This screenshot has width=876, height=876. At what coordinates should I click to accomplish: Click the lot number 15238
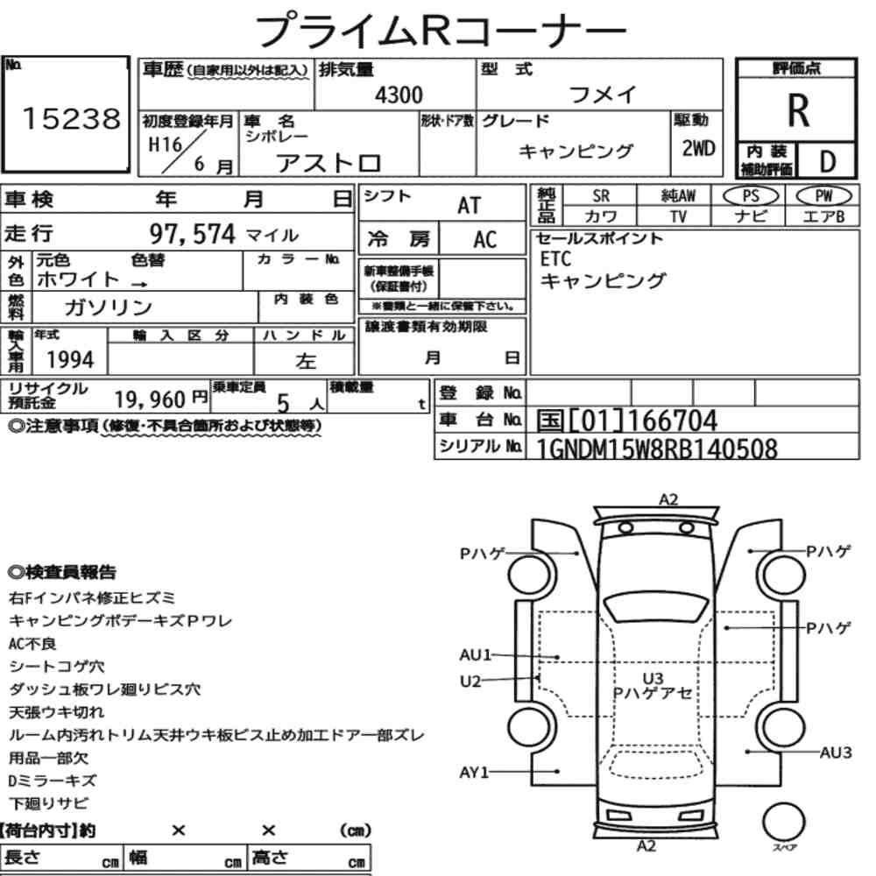coord(72,118)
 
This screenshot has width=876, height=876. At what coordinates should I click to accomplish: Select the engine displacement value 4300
coord(399,95)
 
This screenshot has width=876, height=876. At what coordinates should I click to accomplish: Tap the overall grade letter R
coord(798,110)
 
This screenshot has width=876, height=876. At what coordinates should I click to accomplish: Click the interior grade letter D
coord(828,161)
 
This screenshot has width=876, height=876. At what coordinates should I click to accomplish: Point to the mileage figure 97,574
coord(192,234)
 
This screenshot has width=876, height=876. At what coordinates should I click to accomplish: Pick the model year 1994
coord(70,360)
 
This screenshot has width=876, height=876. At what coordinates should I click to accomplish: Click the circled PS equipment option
coord(751,195)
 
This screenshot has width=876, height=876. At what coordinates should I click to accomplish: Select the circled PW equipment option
coord(823,195)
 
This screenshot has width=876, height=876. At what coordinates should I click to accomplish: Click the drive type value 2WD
coord(698,148)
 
